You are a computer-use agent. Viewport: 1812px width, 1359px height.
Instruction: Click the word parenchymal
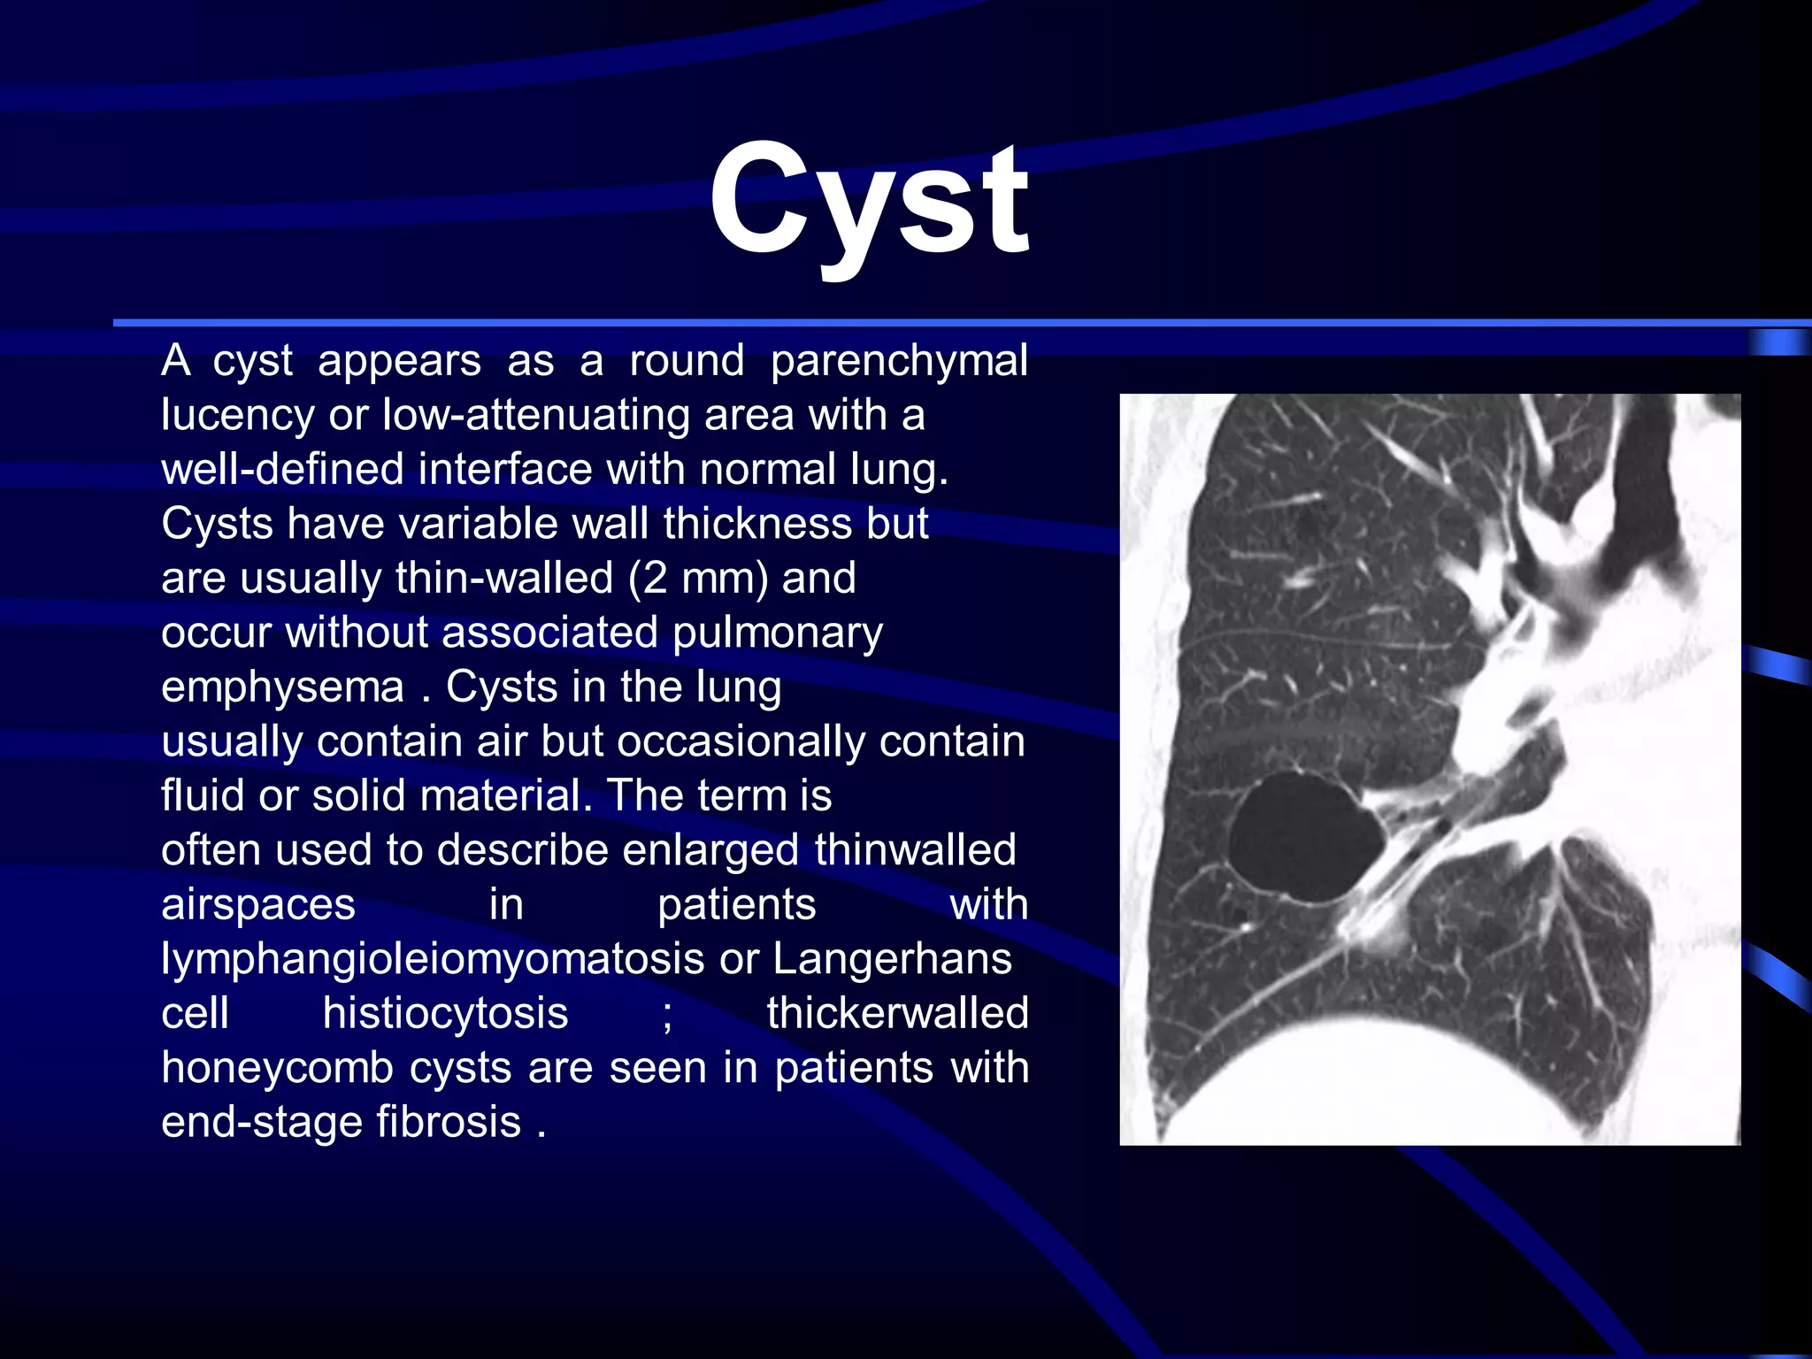(x=898, y=362)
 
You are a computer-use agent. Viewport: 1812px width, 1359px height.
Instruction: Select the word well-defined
(x=282, y=470)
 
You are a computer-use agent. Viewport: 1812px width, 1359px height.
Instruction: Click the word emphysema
(x=282, y=687)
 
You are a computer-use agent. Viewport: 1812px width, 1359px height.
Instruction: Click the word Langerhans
(x=892, y=959)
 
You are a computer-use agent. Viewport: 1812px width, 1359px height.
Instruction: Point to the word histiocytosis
(x=445, y=1014)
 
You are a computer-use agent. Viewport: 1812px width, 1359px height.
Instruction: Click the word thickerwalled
(x=897, y=1014)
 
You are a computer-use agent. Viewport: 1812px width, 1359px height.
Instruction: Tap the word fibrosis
(x=449, y=1123)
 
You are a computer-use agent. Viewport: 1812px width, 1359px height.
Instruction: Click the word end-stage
(x=261, y=1123)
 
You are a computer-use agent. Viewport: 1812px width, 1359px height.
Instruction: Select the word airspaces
(x=258, y=905)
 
